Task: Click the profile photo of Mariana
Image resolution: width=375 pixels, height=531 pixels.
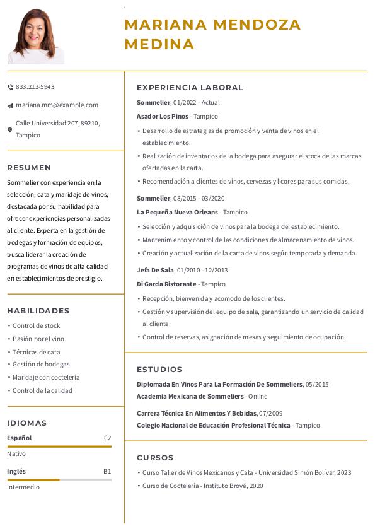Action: tap(36, 36)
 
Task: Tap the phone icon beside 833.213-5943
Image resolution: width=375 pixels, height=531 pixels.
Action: tap(10, 87)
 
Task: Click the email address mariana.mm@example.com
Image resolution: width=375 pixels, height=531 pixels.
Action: tap(57, 105)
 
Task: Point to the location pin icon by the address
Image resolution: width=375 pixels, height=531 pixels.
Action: tap(10, 129)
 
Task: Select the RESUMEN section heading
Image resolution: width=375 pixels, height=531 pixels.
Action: tap(29, 168)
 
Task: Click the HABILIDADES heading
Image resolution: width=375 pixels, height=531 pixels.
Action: tap(38, 311)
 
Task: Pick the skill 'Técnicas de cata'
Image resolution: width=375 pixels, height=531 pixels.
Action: tap(37, 352)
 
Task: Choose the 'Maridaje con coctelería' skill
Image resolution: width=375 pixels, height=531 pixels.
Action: tap(46, 378)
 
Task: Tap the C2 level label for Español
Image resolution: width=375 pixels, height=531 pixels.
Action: tap(107, 438)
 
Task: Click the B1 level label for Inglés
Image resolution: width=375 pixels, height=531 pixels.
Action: tap(107, 472)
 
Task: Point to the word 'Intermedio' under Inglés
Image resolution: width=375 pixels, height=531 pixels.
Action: tap(23, 487)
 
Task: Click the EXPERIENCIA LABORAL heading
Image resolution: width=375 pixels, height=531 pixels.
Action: tap(190, 88)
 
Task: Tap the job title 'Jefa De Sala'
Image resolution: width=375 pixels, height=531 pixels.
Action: tap(155, 271)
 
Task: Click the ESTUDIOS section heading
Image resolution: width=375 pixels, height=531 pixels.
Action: tap(159, 370)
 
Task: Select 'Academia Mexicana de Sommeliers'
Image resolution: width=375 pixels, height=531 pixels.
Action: tap(190, 397)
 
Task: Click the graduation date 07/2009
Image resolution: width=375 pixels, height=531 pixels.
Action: tap(271, 414)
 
